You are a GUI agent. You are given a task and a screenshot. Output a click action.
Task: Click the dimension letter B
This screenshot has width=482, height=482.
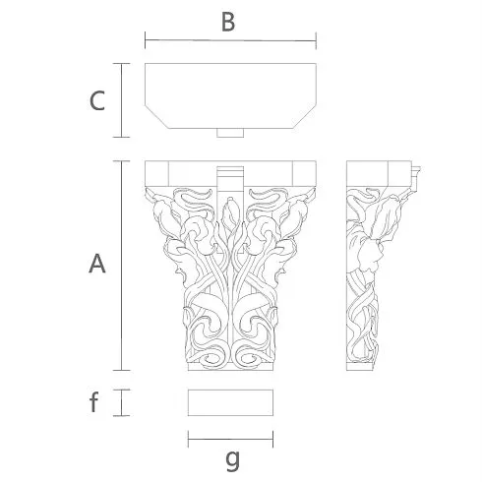tap(228, 23)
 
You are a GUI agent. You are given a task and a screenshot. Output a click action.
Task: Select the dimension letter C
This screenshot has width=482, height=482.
tap(97, 100)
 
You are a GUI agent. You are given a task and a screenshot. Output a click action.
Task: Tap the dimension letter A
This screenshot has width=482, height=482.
tap(97, 264)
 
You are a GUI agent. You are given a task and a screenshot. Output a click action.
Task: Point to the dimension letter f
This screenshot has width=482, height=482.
tap(93, 402)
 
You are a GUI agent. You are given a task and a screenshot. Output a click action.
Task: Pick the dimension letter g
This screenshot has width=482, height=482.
tap(232, 460)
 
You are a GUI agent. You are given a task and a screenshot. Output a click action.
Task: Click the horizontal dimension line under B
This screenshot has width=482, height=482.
tap(230, 40)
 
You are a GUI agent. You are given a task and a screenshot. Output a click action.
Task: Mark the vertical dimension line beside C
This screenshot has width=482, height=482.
tap(122, 100)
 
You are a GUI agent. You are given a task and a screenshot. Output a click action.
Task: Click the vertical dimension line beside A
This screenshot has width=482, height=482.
tap(122, 266)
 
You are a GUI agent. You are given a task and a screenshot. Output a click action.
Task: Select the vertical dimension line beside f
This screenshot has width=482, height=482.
tap(122, 402)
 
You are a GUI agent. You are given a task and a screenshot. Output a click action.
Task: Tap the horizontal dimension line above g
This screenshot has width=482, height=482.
tap(230, 440)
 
